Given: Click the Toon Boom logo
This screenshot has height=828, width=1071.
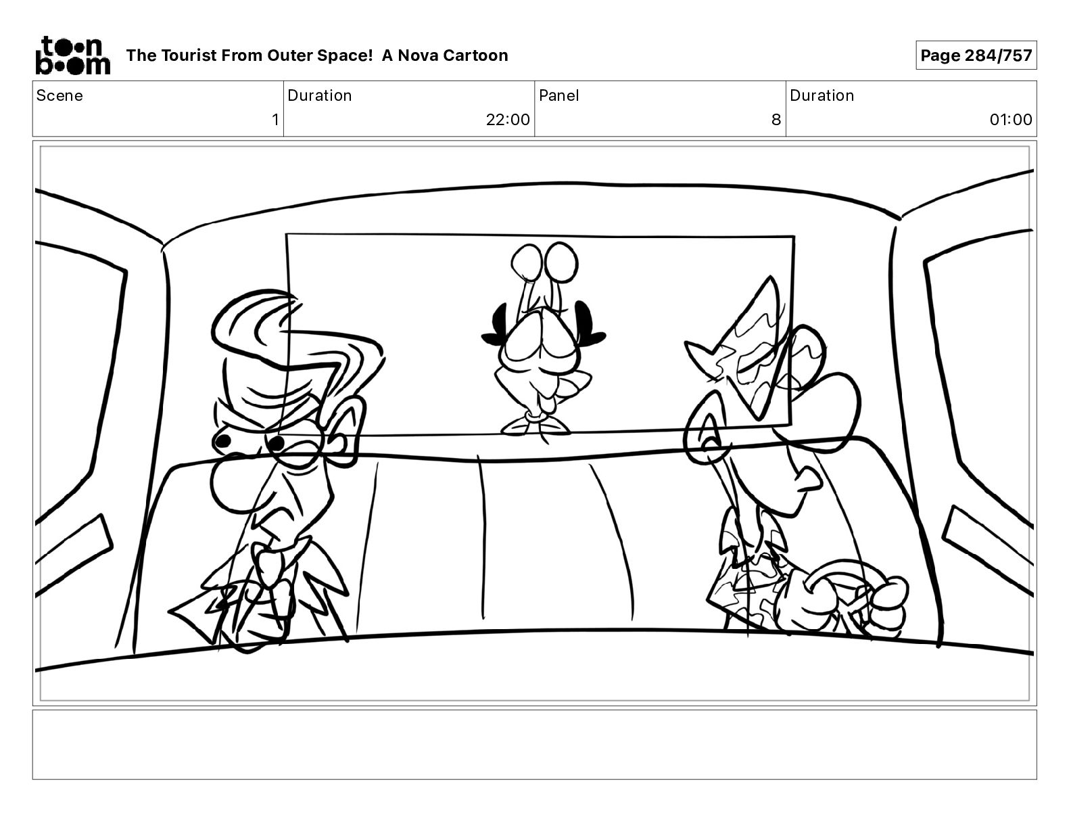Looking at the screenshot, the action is pyautogui.click(x=73, y=55).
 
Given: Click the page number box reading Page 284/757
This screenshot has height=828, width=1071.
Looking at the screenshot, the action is pyautogui.click(x=976, y=55).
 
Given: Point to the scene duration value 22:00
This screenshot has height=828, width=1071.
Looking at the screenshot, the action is pyautogui.click(x=508, y=119).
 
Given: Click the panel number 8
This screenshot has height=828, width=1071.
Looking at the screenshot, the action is pyautogui.click(x=776, y=119).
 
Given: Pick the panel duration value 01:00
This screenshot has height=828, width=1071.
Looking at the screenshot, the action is pyautogui.click(x=1010, y=119).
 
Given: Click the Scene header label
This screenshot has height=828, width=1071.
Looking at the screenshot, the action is pyautogui.click(x=59, y=95).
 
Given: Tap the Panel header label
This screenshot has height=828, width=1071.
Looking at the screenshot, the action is pyautogui.click(x=559, y=95).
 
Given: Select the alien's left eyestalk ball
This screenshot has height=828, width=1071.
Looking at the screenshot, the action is pyautogui.click(x=525, y=260).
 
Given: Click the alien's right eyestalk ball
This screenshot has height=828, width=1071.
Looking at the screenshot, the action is pyautogui.click(x=562, y=261).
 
